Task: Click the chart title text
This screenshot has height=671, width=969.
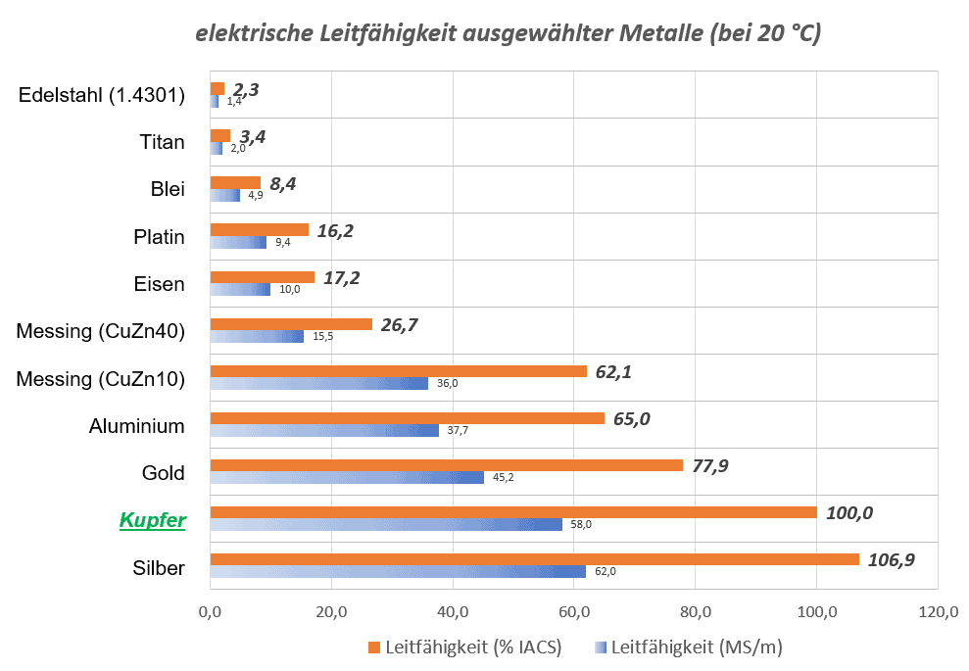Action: [x=508, y=32]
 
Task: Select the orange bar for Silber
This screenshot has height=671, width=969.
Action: [x=534, y=559]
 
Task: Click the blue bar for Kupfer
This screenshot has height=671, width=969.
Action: [x=386, y=524]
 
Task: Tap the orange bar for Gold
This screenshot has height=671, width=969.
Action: [x=446, y=465]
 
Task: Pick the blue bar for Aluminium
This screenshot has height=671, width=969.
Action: [x=324, y=430]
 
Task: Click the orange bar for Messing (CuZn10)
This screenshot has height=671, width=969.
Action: [x=398, y=371]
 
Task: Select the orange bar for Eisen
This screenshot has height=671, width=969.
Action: [x=263, y=277]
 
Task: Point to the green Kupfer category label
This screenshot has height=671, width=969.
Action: [x=152, y=520]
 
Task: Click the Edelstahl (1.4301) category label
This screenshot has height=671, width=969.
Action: [x=102, y=95]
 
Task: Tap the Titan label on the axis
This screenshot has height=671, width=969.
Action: [x=162, y=142]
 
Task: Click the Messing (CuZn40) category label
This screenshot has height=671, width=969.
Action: [x=100, y=331]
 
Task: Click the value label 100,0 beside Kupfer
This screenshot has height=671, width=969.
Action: [x=849, y=512]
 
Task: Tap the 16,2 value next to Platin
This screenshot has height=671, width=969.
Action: [x=335, y=231]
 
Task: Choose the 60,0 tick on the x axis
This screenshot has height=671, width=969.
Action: [x=573, y=613]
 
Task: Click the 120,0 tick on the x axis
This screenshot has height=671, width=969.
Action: [x=938, y=613]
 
